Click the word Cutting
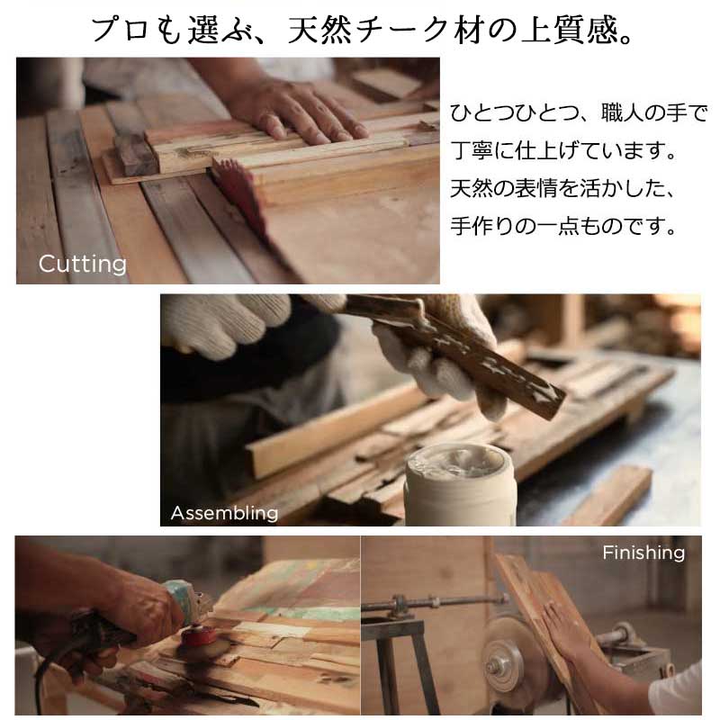[x=83, y=265]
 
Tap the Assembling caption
[x=224, y=513]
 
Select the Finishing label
[x=643, y=553]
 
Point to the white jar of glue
[x=460, y=484]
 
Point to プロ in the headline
[x=121, y=31]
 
